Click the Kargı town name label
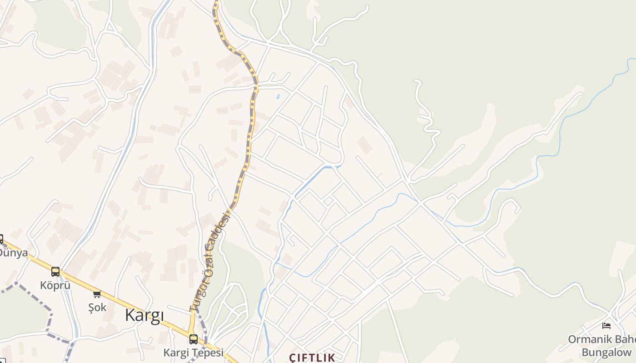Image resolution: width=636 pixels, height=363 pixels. point(144,315)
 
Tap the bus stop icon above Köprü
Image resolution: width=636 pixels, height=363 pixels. point(55,272)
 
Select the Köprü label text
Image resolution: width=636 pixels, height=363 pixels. point(55,285)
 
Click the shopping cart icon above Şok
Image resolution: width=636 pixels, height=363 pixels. point(97,294)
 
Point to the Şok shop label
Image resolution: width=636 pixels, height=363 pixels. point(97,307)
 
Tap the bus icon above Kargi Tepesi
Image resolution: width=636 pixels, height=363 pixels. point(194,339)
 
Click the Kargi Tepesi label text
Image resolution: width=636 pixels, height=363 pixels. point(194,353)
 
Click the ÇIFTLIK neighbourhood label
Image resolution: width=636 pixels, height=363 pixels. point(313,358)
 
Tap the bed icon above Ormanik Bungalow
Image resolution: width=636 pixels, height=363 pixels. point(606,325)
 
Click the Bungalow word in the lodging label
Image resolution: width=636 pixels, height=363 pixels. point(606,352)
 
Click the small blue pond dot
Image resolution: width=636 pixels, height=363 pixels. point(278,96)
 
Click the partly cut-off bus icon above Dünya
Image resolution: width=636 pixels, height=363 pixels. point(1,239)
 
